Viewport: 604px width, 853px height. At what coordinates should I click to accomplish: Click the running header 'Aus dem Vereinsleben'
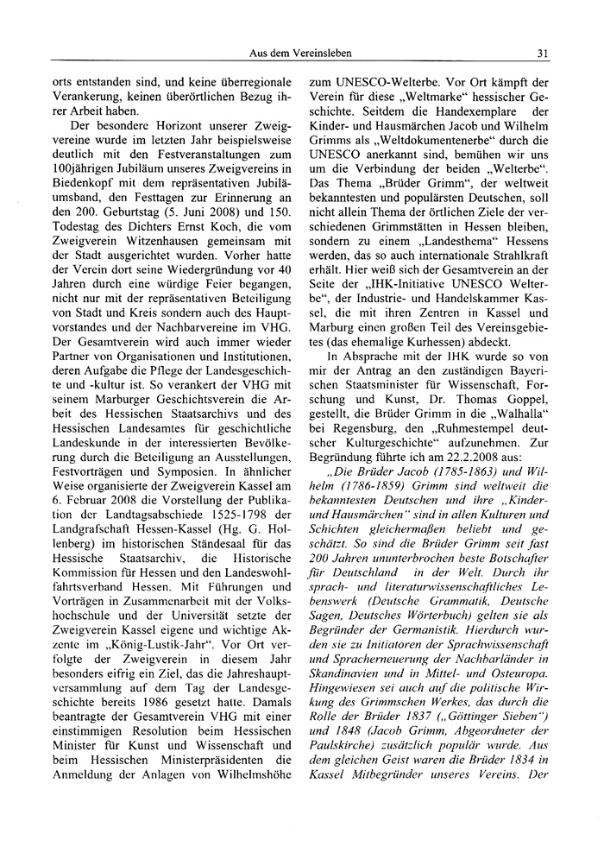tap(300, 53)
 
